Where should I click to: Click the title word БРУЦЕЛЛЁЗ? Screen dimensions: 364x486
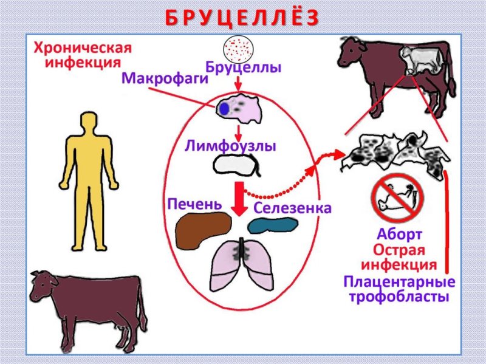242,18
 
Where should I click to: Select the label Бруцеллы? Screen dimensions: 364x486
243,67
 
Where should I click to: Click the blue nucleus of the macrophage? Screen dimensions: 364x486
224,109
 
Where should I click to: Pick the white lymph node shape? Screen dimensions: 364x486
234,165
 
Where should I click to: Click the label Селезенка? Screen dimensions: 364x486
292,208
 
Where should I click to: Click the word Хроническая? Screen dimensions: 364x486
82,47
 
